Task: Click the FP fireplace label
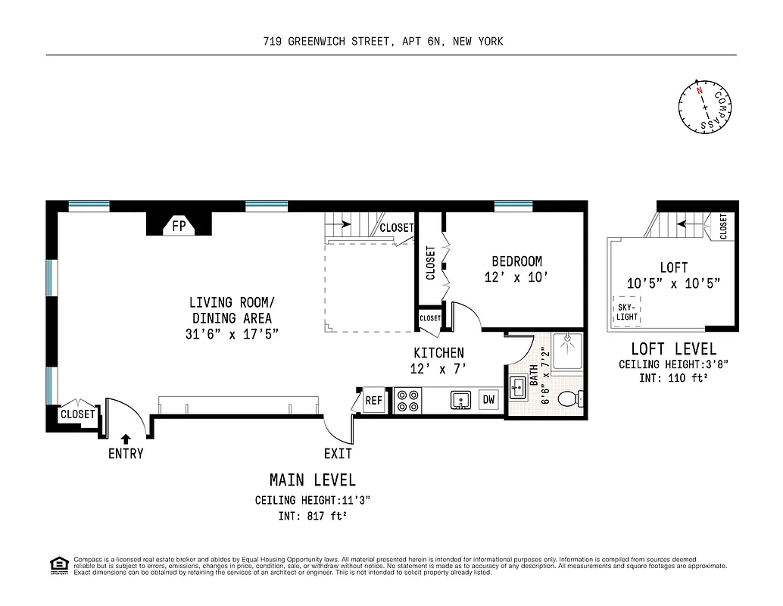[179, 226]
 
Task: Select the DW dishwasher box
[488, 400]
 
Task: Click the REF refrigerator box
[374, 401]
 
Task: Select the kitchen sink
[459, 400]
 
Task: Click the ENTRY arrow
[125, 438]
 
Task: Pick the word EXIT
[338, 454]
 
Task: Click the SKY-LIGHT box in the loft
[626, 311]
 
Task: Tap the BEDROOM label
[516, 261]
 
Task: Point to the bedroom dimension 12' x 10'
[516, 278]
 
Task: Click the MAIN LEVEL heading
[313, 479]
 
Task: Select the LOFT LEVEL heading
[673, 349]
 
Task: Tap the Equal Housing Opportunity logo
[58, 565]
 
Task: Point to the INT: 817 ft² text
[312, 517]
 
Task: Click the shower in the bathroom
[567, 351]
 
